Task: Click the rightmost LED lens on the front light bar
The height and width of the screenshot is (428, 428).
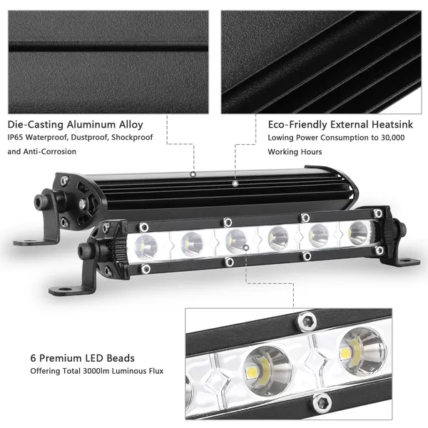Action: [358, 233]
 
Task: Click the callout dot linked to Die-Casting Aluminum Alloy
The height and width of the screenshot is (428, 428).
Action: [193, 173]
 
